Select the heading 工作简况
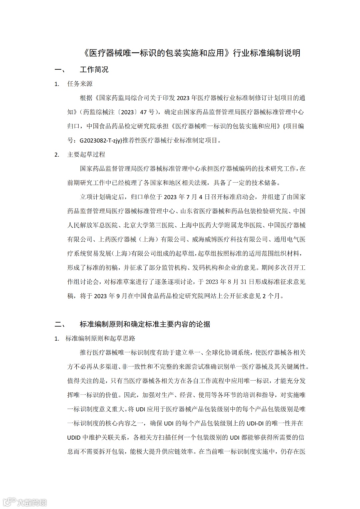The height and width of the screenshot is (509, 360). click(94, 70)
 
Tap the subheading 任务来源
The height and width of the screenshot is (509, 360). click(80, 84)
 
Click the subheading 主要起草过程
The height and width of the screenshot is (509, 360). click(86, 154)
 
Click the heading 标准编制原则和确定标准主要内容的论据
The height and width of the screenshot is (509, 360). click(145, 324)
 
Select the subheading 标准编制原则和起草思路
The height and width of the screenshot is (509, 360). click(100, 338)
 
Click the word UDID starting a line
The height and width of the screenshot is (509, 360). click(74, 437)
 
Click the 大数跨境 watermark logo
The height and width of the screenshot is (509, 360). click(25, 502)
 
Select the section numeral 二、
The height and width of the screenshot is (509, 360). click(60, 324)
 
